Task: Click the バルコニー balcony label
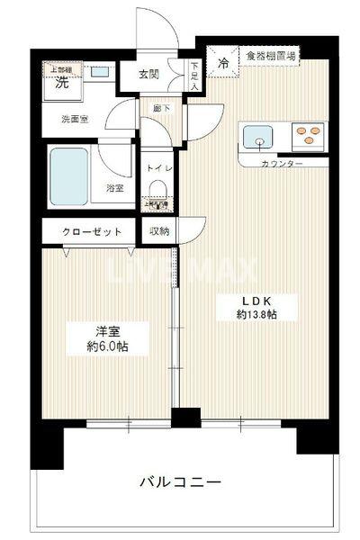coord(179,482)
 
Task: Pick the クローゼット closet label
coord(92,231)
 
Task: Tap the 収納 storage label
coord(159,231)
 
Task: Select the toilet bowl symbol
coord(157,189)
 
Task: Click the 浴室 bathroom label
coord(114,188)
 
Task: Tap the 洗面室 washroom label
coord(74,118)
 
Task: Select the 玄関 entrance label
coord(150,76)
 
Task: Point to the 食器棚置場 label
coord(271,56)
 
